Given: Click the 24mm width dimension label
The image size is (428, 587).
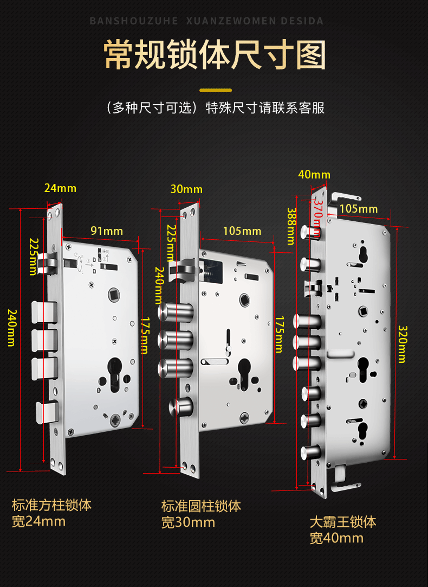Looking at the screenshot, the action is coord(60,188).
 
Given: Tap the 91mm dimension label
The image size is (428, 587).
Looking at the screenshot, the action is coord(107,231).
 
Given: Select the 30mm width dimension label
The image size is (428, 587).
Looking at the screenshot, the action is coord(186,189).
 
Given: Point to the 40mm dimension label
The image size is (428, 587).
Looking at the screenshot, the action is coord(314,175).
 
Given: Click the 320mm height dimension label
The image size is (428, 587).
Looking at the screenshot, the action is coord(402,344).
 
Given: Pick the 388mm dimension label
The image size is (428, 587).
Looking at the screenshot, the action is coord(291,226).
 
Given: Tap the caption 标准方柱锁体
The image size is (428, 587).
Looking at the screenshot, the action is coord(51,505).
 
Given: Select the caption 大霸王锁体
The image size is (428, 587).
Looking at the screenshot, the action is coord(343,522).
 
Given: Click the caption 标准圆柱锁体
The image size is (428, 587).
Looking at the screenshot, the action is coord(201,506).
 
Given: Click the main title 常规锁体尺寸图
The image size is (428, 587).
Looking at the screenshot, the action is coord(215,55).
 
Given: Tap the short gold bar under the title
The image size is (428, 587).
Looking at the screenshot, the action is coord(216,90).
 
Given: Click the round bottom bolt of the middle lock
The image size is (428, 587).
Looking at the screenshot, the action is coord(181,407).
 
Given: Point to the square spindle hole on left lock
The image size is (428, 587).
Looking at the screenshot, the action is coord(114,294).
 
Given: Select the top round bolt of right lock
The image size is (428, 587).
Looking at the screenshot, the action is coord(310,232).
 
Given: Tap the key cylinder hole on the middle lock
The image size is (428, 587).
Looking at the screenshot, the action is coord(244,373).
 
